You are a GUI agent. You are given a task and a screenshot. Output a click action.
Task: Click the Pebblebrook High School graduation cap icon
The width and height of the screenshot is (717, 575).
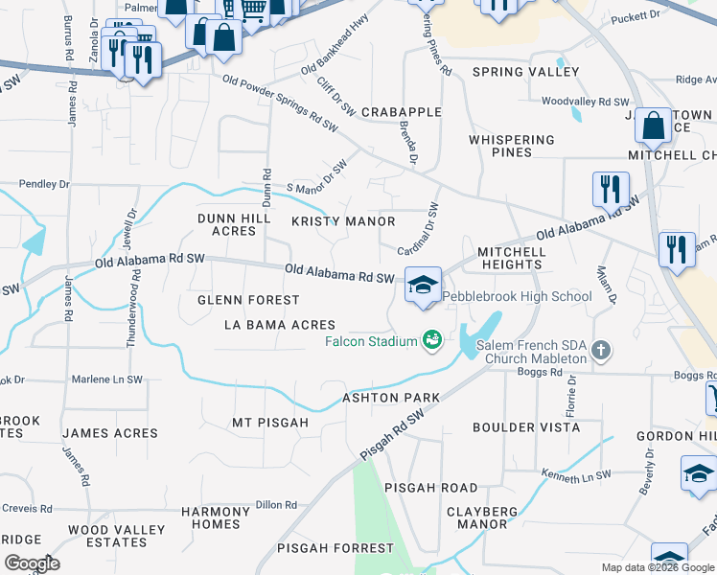pyautogui.click(x=423, y=285)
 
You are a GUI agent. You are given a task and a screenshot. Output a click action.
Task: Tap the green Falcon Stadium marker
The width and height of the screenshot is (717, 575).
pyautogui.click(x=431, y=339)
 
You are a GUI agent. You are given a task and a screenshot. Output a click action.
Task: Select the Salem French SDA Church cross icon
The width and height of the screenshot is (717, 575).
pyautogui.click(x=601, y=350)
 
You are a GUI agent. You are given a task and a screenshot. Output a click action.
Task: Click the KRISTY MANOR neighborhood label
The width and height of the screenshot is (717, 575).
pyautogui.click(x=343, y=221)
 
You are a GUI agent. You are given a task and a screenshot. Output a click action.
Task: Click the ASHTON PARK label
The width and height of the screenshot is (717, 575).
pyautogui.click(x=391, y=398)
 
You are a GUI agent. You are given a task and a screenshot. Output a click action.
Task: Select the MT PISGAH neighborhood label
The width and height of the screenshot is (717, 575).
pyautogui.click(x=270, y=423)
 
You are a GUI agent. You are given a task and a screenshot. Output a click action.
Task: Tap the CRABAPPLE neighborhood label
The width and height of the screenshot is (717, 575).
pyautogui.click(x=401, y=112)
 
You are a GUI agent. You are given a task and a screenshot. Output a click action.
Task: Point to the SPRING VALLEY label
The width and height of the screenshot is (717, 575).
pyautogui.click(x=525, y=72)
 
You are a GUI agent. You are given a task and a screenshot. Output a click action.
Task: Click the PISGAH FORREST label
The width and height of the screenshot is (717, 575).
pyautogui.click(x=335, y=548)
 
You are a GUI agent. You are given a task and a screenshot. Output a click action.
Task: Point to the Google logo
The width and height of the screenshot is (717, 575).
pyautogui.click(x=32, y=563)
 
